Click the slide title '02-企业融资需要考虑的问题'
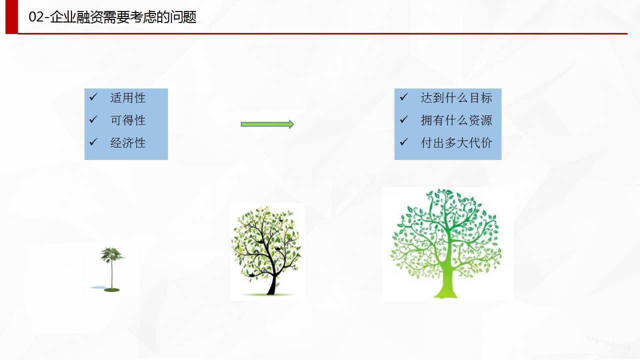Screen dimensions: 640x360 112,16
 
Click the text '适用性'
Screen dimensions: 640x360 127,97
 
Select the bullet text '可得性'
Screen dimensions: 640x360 127,120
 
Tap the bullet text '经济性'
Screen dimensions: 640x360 127,142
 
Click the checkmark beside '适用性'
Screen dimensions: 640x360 93,97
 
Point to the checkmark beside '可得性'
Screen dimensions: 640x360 93,119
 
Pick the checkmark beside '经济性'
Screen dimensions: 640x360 93,141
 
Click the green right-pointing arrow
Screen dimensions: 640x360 267,124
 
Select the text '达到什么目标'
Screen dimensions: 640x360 456,97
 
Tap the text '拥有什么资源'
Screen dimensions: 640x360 456,120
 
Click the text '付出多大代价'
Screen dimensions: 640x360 456,142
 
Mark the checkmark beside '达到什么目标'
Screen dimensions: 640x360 403,97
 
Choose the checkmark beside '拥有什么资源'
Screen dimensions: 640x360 403,119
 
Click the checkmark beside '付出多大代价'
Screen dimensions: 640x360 403,141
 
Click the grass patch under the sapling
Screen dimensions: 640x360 111,290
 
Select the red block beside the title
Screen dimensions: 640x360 11,17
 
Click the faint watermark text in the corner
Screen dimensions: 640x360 608,343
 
